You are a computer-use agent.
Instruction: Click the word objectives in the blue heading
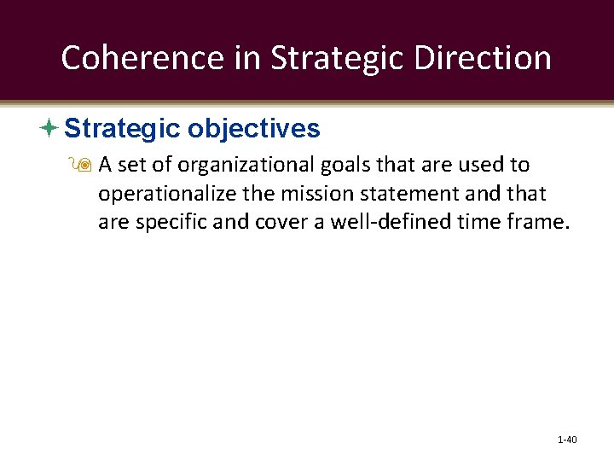click(253, 129)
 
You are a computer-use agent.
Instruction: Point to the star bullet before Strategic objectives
click(49, 129)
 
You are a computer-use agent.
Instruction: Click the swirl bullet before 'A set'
click(87, 164)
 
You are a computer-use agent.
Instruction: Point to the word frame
click(537, 223)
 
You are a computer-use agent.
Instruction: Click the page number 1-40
click(567, 440)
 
